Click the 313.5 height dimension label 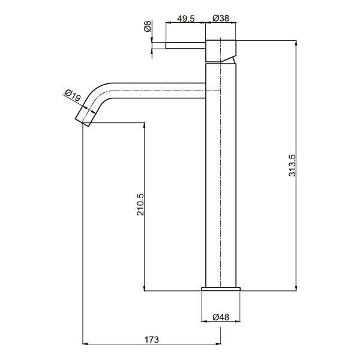tap(293, 166)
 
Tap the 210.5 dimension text tap(140, 204)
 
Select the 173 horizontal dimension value tap(152, 340)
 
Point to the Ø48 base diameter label tap(221, 317)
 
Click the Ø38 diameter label tap(221, 18)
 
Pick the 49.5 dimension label tap(186, 19)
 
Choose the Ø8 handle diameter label tap(148, 26)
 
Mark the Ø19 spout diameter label tap(73, 95)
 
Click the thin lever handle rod tap(185, 45)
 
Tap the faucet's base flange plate tap(221, 289)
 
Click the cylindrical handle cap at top tap(221, 51)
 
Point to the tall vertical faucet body tap(221, 175)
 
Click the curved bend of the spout tap(98, 92)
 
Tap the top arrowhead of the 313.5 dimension tap(296, 43)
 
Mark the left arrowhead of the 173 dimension tap(85, 344)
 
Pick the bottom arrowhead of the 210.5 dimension tap(144, 288)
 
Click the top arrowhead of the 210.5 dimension tap(144, 125)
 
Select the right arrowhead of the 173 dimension tap(218, 344)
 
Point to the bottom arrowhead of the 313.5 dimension tap(296, 288)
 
